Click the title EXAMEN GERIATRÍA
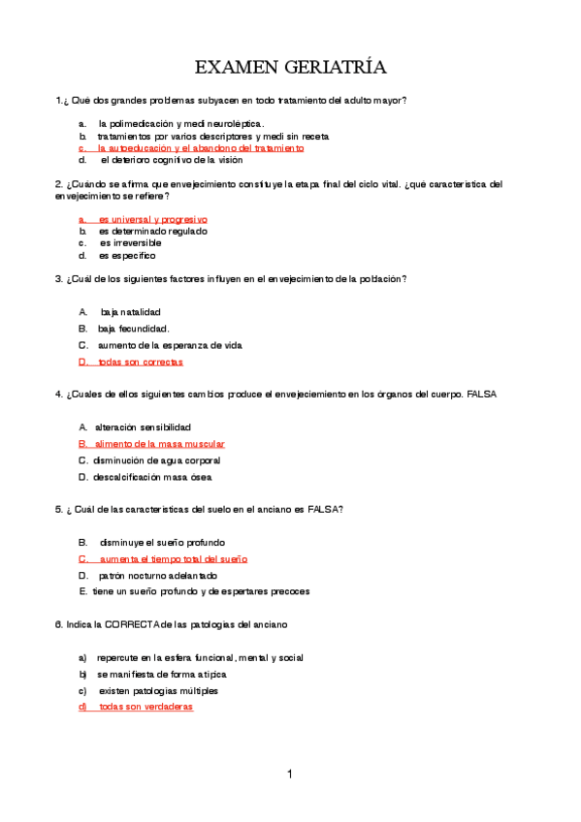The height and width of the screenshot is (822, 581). tap(290, 67)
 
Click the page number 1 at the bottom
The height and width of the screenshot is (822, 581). tap(289, 774)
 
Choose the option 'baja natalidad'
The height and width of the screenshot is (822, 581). tap(130, 311)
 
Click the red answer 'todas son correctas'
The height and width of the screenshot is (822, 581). tap(140, 362)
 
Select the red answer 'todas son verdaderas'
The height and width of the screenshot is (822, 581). tap(145, 707)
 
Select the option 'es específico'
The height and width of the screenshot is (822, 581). tap(127, 256)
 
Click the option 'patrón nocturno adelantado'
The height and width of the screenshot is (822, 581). tap(158, 576)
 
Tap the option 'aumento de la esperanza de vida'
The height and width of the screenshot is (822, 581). tap(170, 345)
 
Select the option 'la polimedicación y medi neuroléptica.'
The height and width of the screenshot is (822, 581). tap(180, 124)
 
